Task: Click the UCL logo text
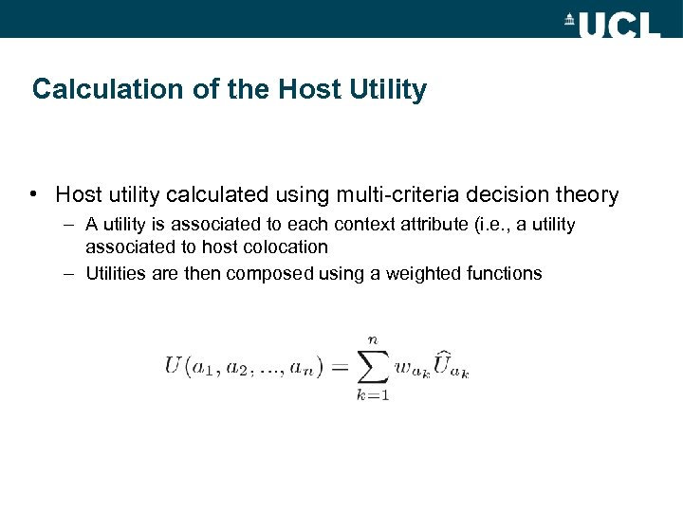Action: tap(618, 22)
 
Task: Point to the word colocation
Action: tap(285, 247)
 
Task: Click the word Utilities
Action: tap(116, 274)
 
